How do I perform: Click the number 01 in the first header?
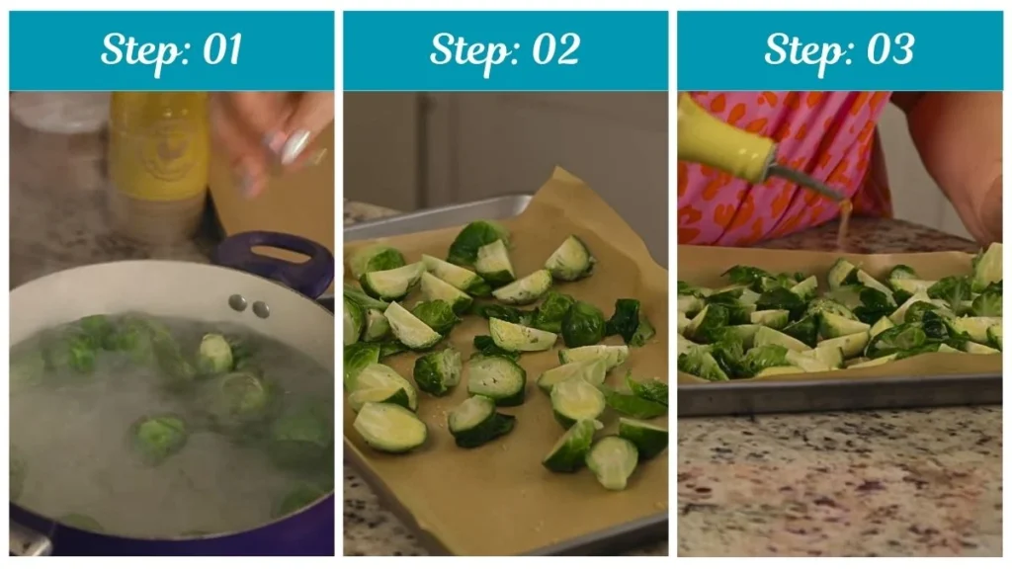(220, 49)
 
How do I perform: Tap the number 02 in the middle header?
(555, 49)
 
